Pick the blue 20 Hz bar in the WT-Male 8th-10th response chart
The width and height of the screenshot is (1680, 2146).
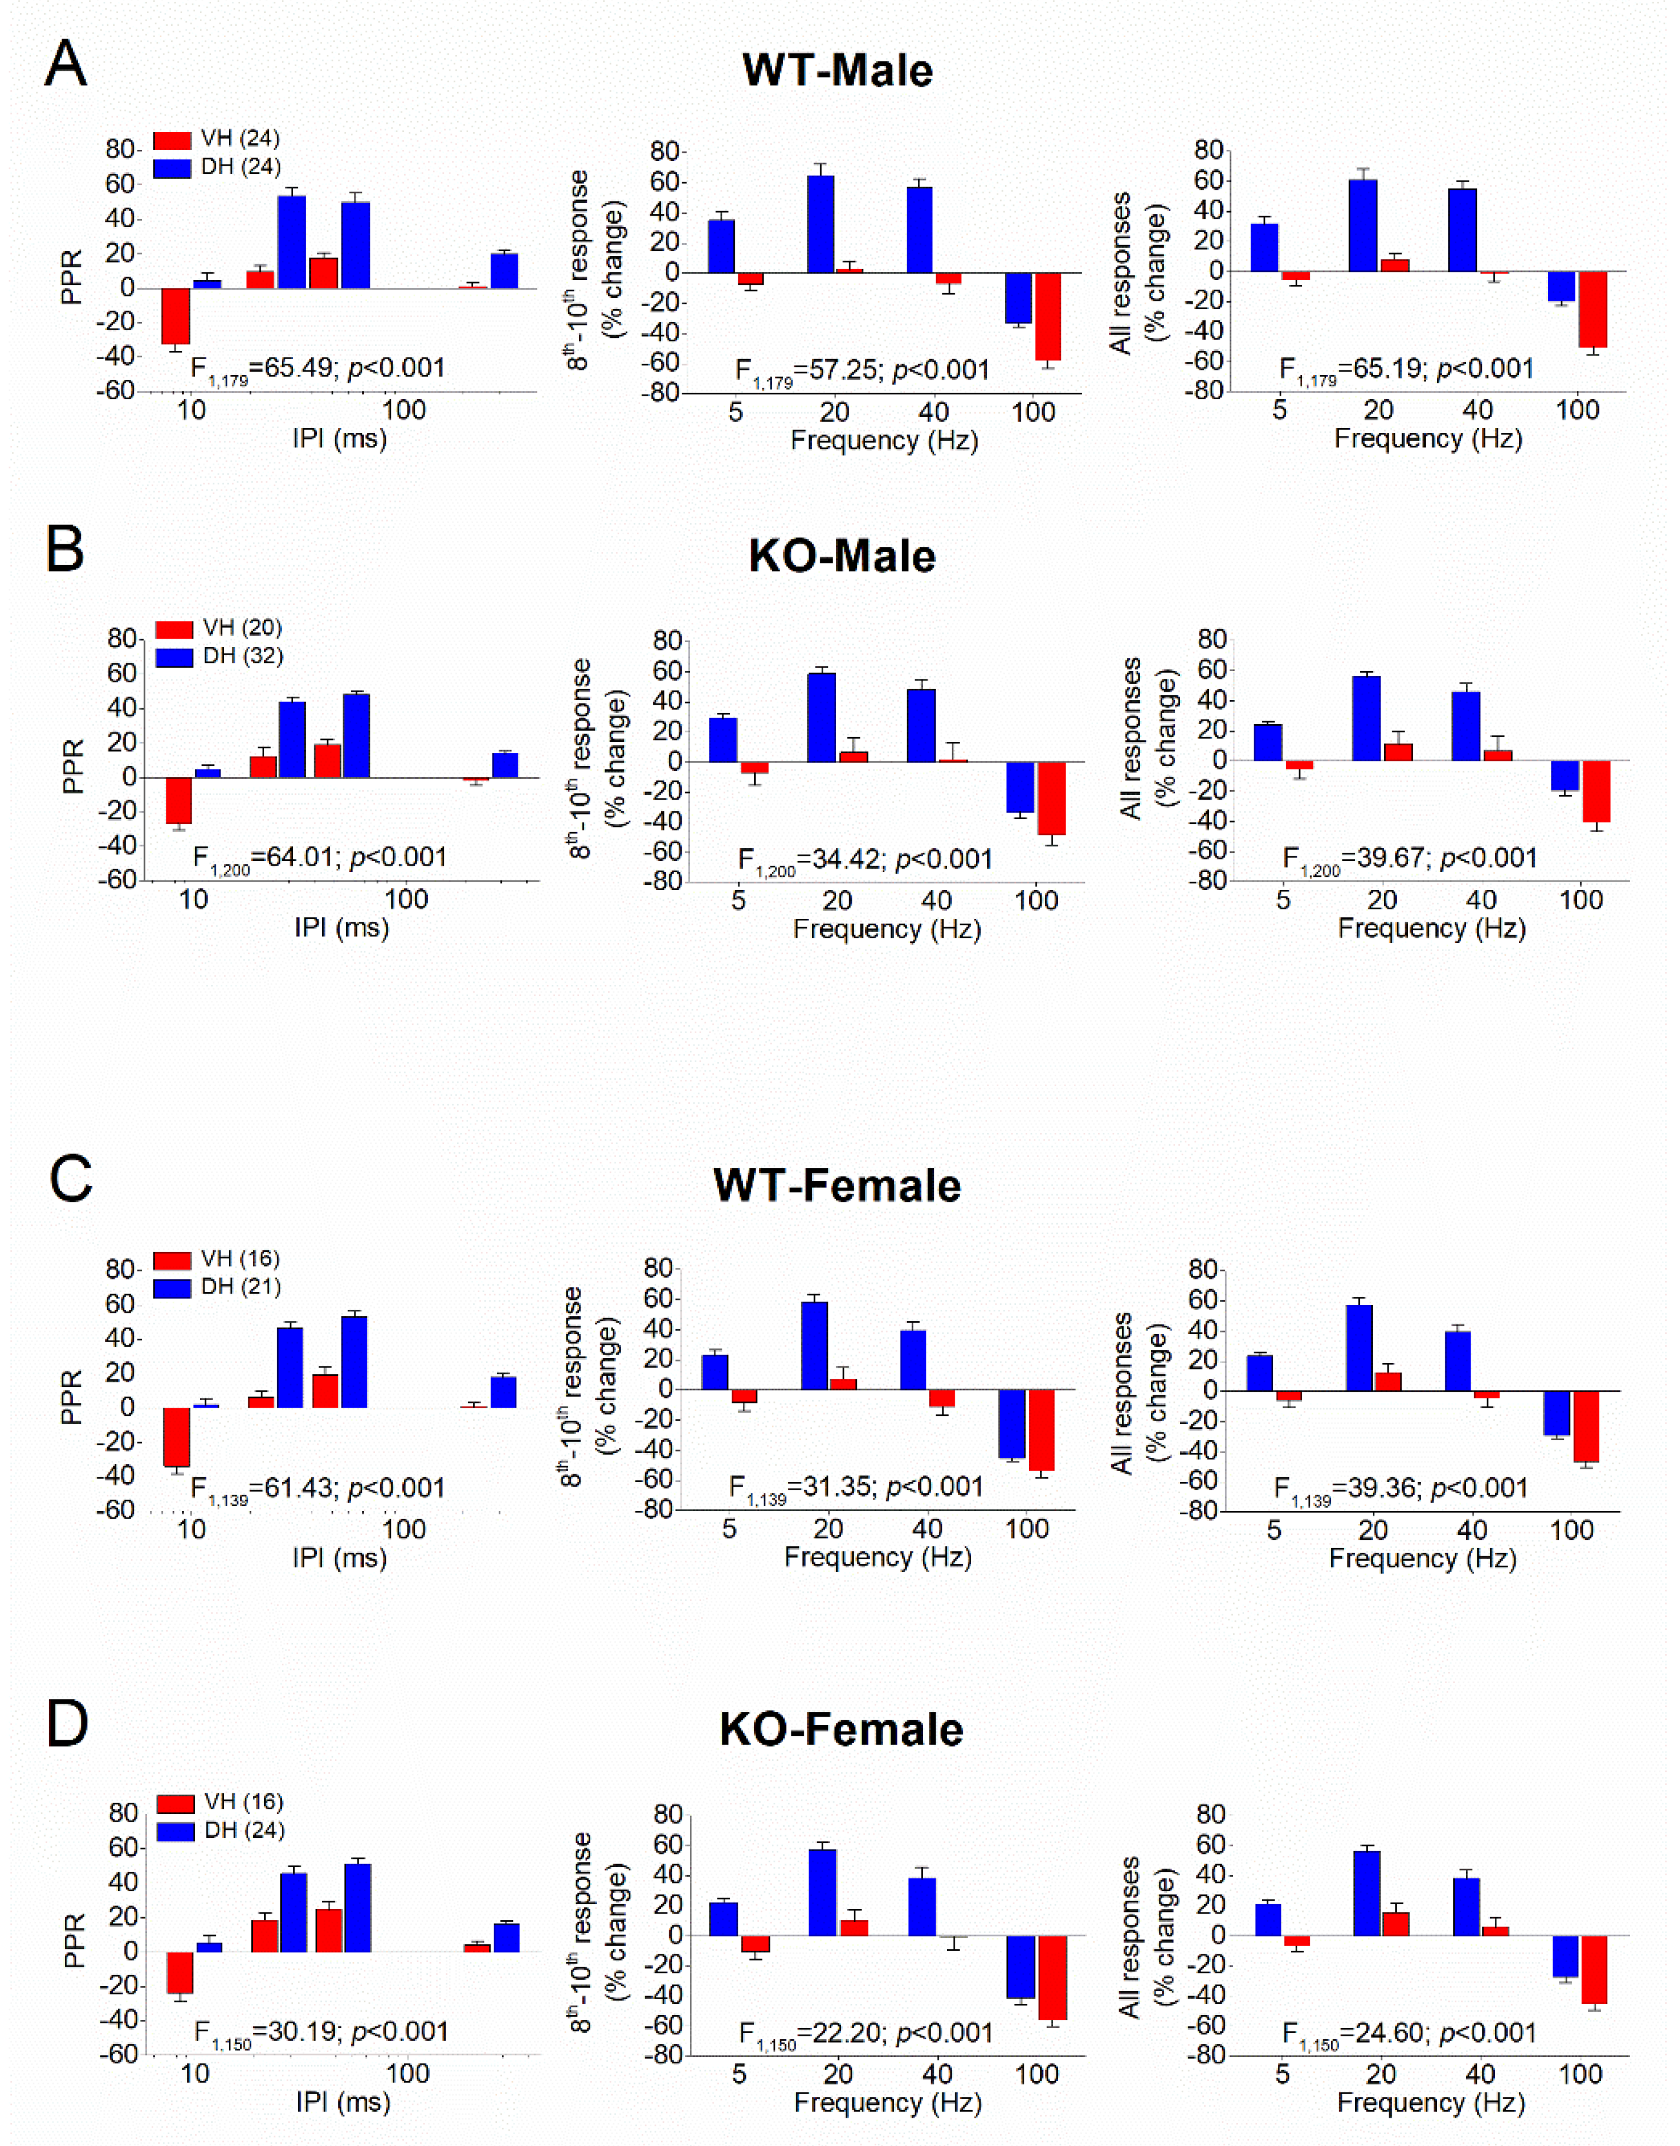click(x=820, y=224)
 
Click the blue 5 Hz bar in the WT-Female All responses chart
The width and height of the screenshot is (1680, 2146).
click(x=1260, y=1373)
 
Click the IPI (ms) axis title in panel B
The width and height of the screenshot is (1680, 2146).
click(x=341, y=928)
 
